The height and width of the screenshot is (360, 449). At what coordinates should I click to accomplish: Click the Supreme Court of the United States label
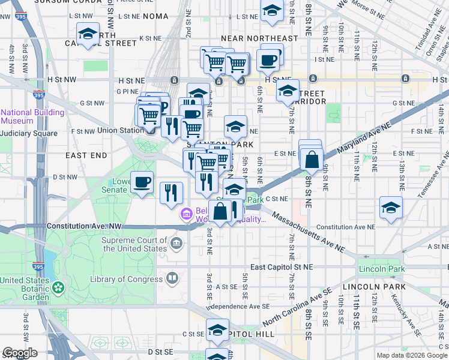click(134, 244)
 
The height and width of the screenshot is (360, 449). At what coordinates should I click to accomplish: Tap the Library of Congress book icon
click(172, 278)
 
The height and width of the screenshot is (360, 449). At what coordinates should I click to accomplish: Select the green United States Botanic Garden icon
click(58, 288)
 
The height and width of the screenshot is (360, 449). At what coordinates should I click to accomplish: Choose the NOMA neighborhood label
click(156, 16)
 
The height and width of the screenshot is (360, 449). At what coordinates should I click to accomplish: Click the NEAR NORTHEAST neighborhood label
click(259, 38)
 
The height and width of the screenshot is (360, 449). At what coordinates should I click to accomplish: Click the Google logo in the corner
click(20, 353)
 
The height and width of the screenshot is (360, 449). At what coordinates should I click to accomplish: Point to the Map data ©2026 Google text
click(412, 355)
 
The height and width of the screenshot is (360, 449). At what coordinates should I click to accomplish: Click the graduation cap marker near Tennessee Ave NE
click(391, 208)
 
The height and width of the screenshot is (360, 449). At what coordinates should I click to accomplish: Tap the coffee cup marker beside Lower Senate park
click(142, 182)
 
